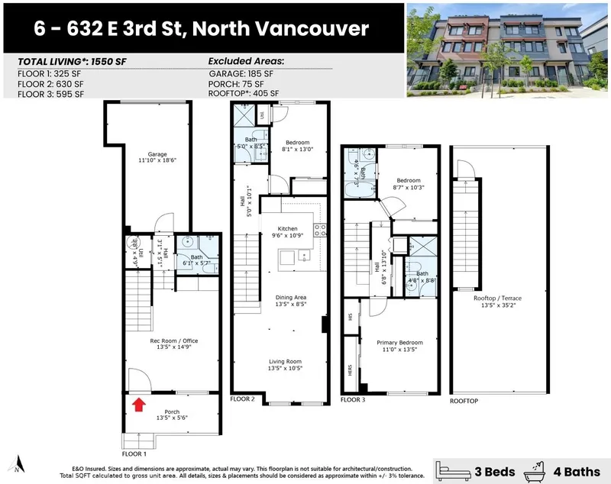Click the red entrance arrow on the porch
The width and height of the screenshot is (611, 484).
point(139,404)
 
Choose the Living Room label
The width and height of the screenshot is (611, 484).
point(284,364)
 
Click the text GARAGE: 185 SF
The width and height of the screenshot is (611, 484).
point(241,75)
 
